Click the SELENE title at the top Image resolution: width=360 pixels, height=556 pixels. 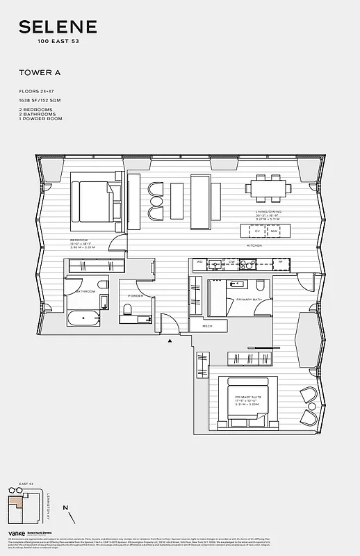tap(58, 28)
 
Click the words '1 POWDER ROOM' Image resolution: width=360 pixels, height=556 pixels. tap(40, 119)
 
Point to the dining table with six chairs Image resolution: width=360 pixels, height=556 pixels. tap(268, 188)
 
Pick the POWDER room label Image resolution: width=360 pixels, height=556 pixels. tap(135, 296)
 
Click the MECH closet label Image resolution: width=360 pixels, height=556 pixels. tap(207, 325)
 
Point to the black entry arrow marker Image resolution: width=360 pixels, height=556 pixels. tap(169, 340)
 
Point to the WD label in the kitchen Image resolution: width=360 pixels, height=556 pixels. tap(199, 262)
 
